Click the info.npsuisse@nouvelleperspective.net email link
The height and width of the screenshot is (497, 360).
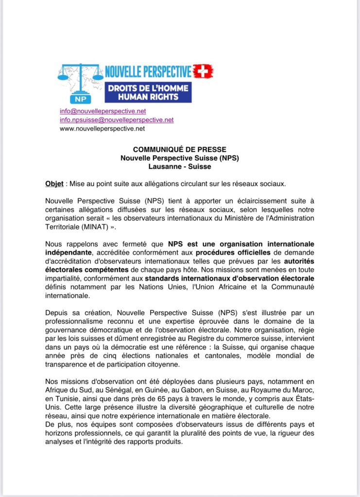tap(117, 120)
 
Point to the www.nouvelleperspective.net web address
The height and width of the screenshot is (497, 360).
tap(102, 129)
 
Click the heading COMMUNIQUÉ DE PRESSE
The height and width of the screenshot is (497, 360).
tap(180, 149)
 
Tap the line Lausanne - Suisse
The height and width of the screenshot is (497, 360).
tap(180, 166)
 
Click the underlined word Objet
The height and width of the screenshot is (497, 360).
tap(54, 184)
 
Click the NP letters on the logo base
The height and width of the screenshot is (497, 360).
tap(80, 99)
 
